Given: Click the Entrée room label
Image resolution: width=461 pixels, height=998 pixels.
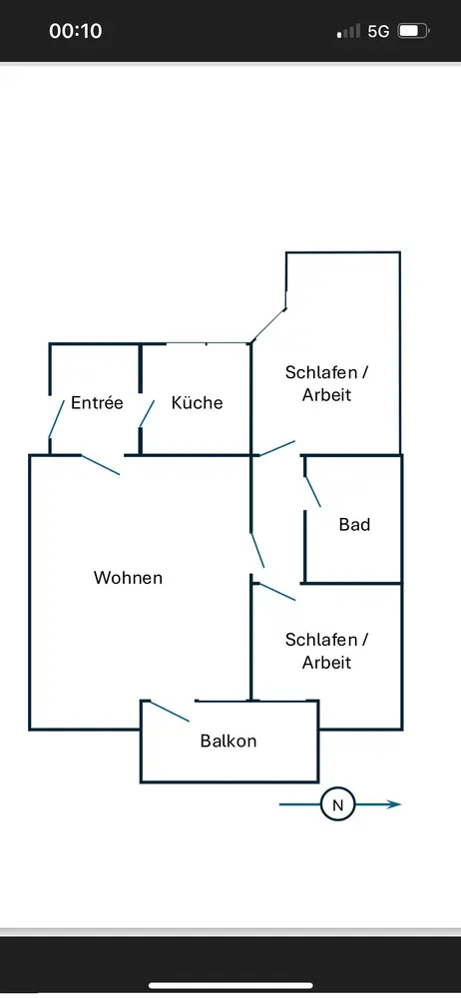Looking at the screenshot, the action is point(97,403).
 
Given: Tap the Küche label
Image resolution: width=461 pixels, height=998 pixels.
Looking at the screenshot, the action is point(197,403).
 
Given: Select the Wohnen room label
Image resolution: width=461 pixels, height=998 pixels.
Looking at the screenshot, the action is point(128,578).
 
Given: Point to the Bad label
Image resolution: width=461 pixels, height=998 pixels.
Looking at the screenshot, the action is point(354,525).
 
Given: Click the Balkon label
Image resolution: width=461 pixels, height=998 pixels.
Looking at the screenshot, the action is point(228,741).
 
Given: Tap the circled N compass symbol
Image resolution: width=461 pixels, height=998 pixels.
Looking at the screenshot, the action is point(338,804).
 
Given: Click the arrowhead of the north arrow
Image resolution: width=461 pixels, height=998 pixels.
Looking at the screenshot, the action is point(395,804).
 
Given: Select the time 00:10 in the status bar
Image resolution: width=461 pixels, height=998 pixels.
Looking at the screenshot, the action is point(76,31).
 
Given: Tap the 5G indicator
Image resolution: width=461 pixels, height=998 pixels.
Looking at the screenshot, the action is point(378,31).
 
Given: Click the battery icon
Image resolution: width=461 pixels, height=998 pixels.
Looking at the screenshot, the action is point(414,31).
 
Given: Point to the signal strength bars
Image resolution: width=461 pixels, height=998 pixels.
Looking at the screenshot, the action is point(348,31).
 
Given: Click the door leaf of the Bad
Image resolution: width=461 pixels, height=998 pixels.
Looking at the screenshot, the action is point(312,491).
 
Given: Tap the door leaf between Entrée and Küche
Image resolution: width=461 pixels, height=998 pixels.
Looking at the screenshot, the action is point(147,414).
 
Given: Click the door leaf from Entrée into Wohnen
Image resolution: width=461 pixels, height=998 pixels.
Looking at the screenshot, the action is point(100,465).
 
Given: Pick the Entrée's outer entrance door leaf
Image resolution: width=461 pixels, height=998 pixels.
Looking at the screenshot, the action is point(57,418).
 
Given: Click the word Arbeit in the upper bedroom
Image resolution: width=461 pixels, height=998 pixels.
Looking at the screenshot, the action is point(326,394).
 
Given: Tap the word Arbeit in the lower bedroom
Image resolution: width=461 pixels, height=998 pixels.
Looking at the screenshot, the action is point(326,663).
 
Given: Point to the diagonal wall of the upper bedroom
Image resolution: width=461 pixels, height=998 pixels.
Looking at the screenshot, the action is point(268,326).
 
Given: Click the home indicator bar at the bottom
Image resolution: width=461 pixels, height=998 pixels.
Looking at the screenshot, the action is point(230,986).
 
